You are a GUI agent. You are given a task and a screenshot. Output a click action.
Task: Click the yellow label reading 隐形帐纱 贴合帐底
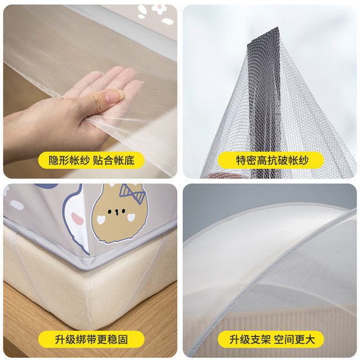point(91,160)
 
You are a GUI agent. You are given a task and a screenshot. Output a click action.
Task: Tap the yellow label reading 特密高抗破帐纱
point(271,160)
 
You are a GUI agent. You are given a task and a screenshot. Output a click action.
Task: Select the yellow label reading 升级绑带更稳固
point(91,339)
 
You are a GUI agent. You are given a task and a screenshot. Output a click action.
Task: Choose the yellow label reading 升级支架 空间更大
point(271,339)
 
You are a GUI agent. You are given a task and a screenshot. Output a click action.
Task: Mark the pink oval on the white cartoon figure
point(77,218)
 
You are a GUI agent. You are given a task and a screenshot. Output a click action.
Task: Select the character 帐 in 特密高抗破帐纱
point(292,160)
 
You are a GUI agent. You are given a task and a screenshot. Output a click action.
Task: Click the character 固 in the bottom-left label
point(123,339)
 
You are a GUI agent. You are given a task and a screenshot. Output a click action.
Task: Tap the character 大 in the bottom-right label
point(309,339)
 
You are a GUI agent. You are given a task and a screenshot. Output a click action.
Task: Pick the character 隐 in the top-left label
point(53,160)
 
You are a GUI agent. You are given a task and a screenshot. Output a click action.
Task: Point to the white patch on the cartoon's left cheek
point(101,220)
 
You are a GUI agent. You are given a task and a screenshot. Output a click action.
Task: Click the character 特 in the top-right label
point(241,160)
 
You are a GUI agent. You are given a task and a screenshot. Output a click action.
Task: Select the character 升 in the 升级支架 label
point(235,339)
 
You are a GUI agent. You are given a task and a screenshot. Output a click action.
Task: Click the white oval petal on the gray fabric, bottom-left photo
point(17,205)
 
